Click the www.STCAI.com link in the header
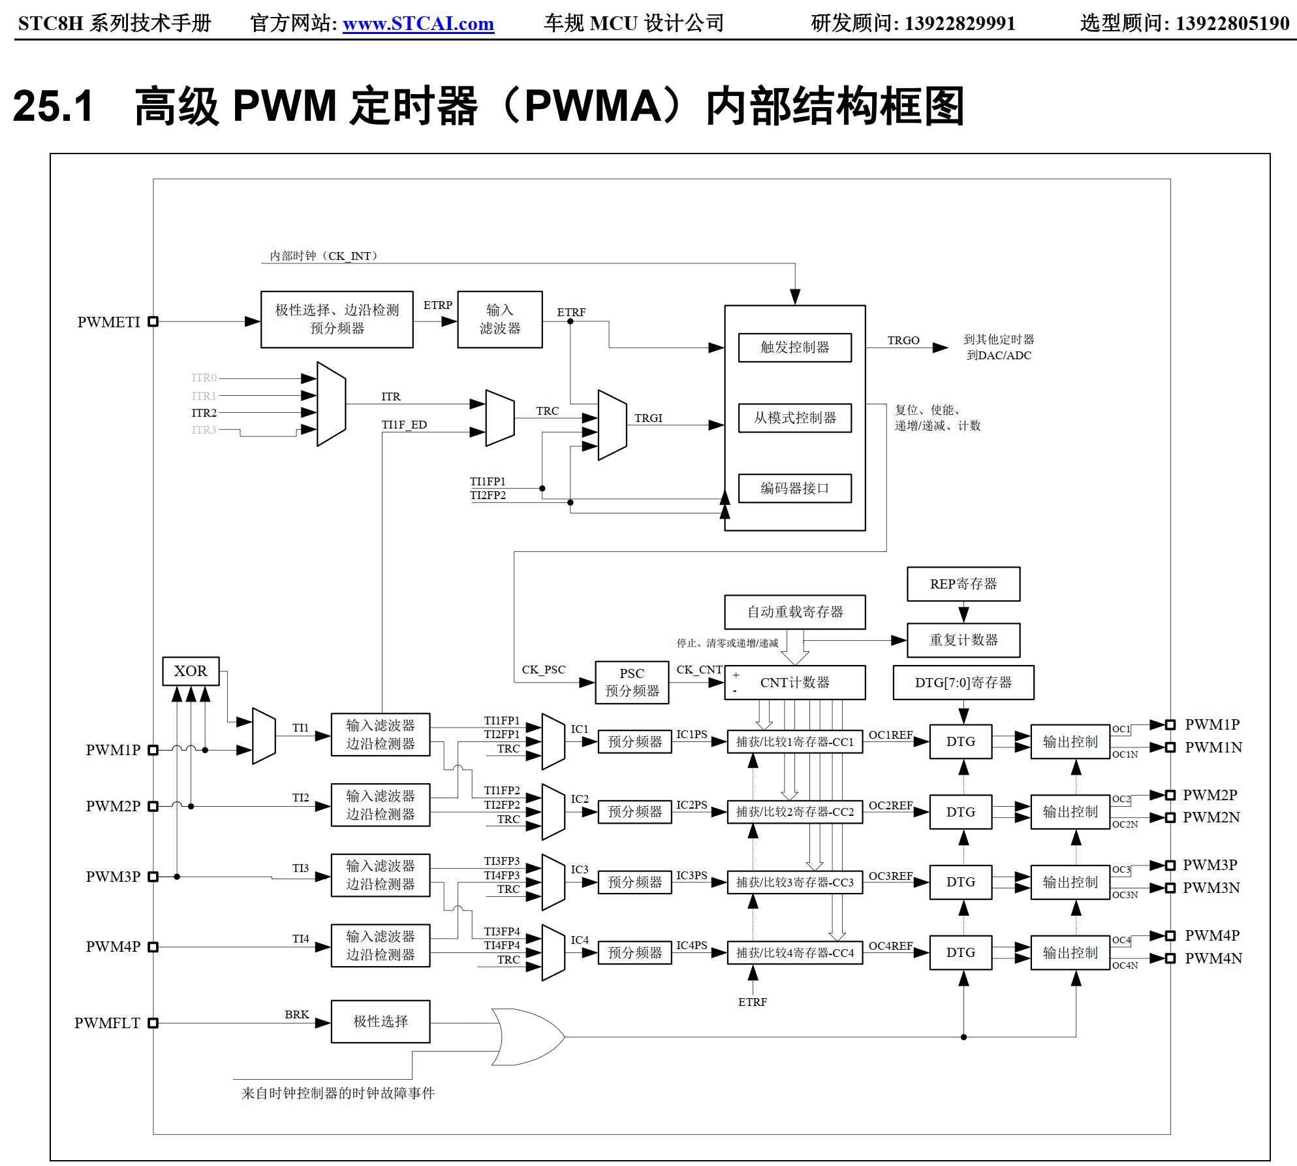[x=418, y=24]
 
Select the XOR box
[x=191, y=671]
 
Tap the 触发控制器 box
[x=794, y=347]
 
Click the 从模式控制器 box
[x=794, y=417]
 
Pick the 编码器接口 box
[x=794, y=488]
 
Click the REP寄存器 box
[x=963, y=584]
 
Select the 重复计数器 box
[x=963, y=640]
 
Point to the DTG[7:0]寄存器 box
[x=963, y=683]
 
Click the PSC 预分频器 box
[x=632, y=682]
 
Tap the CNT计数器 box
[x=794, y=683]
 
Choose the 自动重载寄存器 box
[x=794, y=612]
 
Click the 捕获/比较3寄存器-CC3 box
[x=794, y=882]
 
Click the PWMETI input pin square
[x=153, y=321]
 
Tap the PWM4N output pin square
[x=1170, y=958]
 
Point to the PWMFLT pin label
[x=107, y=1023]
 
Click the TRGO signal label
[x=903, y=340]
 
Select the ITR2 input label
[x=204, y=413]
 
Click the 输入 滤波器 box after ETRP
[x=500, y=319]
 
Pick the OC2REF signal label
[x=890, y=805]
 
